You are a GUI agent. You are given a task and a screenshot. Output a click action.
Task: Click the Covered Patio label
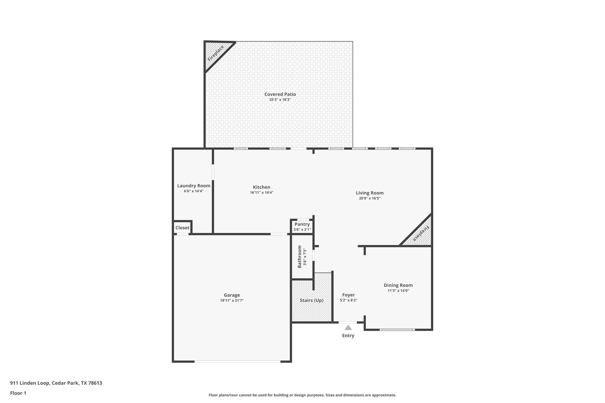pos(280,94)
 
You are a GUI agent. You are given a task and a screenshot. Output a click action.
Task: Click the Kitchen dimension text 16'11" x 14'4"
pos(261,192)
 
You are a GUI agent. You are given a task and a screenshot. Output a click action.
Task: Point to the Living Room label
pos(370,193)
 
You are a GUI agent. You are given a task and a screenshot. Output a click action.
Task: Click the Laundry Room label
pos(193,186)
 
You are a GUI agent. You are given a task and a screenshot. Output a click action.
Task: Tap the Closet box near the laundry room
pos(182,228)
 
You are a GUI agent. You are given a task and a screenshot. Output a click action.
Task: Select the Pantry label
pos(302,224)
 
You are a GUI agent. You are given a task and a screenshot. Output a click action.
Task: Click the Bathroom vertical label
pos(300,257)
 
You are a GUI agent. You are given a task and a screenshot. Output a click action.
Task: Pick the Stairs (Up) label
pos(311,300)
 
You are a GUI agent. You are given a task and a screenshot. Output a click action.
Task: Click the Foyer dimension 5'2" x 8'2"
pos(348,300)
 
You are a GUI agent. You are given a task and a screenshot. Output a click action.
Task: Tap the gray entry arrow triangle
pos(348,327)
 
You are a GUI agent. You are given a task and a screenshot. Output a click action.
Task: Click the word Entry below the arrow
pos(348,335)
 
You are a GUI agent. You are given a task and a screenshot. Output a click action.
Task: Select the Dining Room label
pos(398,285)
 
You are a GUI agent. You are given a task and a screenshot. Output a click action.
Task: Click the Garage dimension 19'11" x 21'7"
pos(232,300)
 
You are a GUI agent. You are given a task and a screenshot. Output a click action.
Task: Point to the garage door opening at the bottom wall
pos(237,361)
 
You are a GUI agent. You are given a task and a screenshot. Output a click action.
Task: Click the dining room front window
pos(397,329)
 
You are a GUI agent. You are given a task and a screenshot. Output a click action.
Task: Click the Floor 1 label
pos(18,393)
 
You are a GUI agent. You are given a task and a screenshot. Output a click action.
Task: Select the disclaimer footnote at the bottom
pos(302,395)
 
